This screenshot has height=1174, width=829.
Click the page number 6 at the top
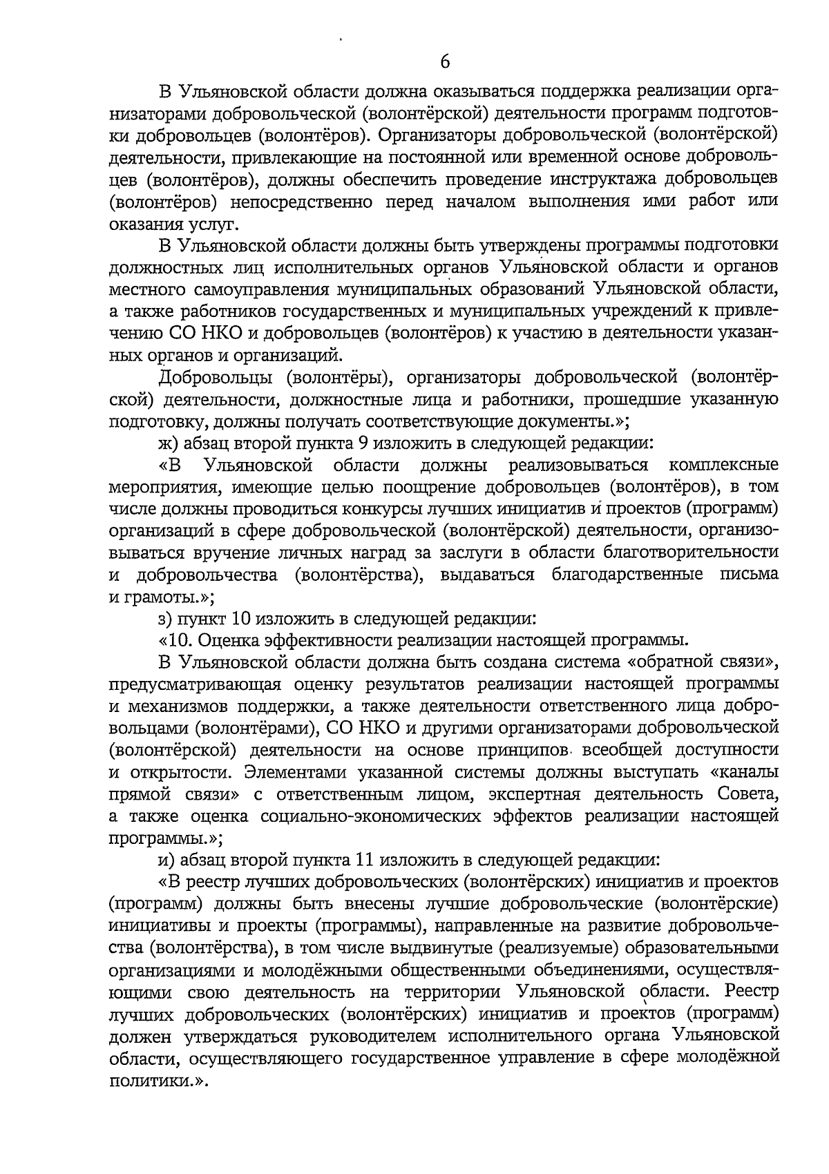[x=445, y=62]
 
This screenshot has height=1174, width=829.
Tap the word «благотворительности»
[x=691, y=552]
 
